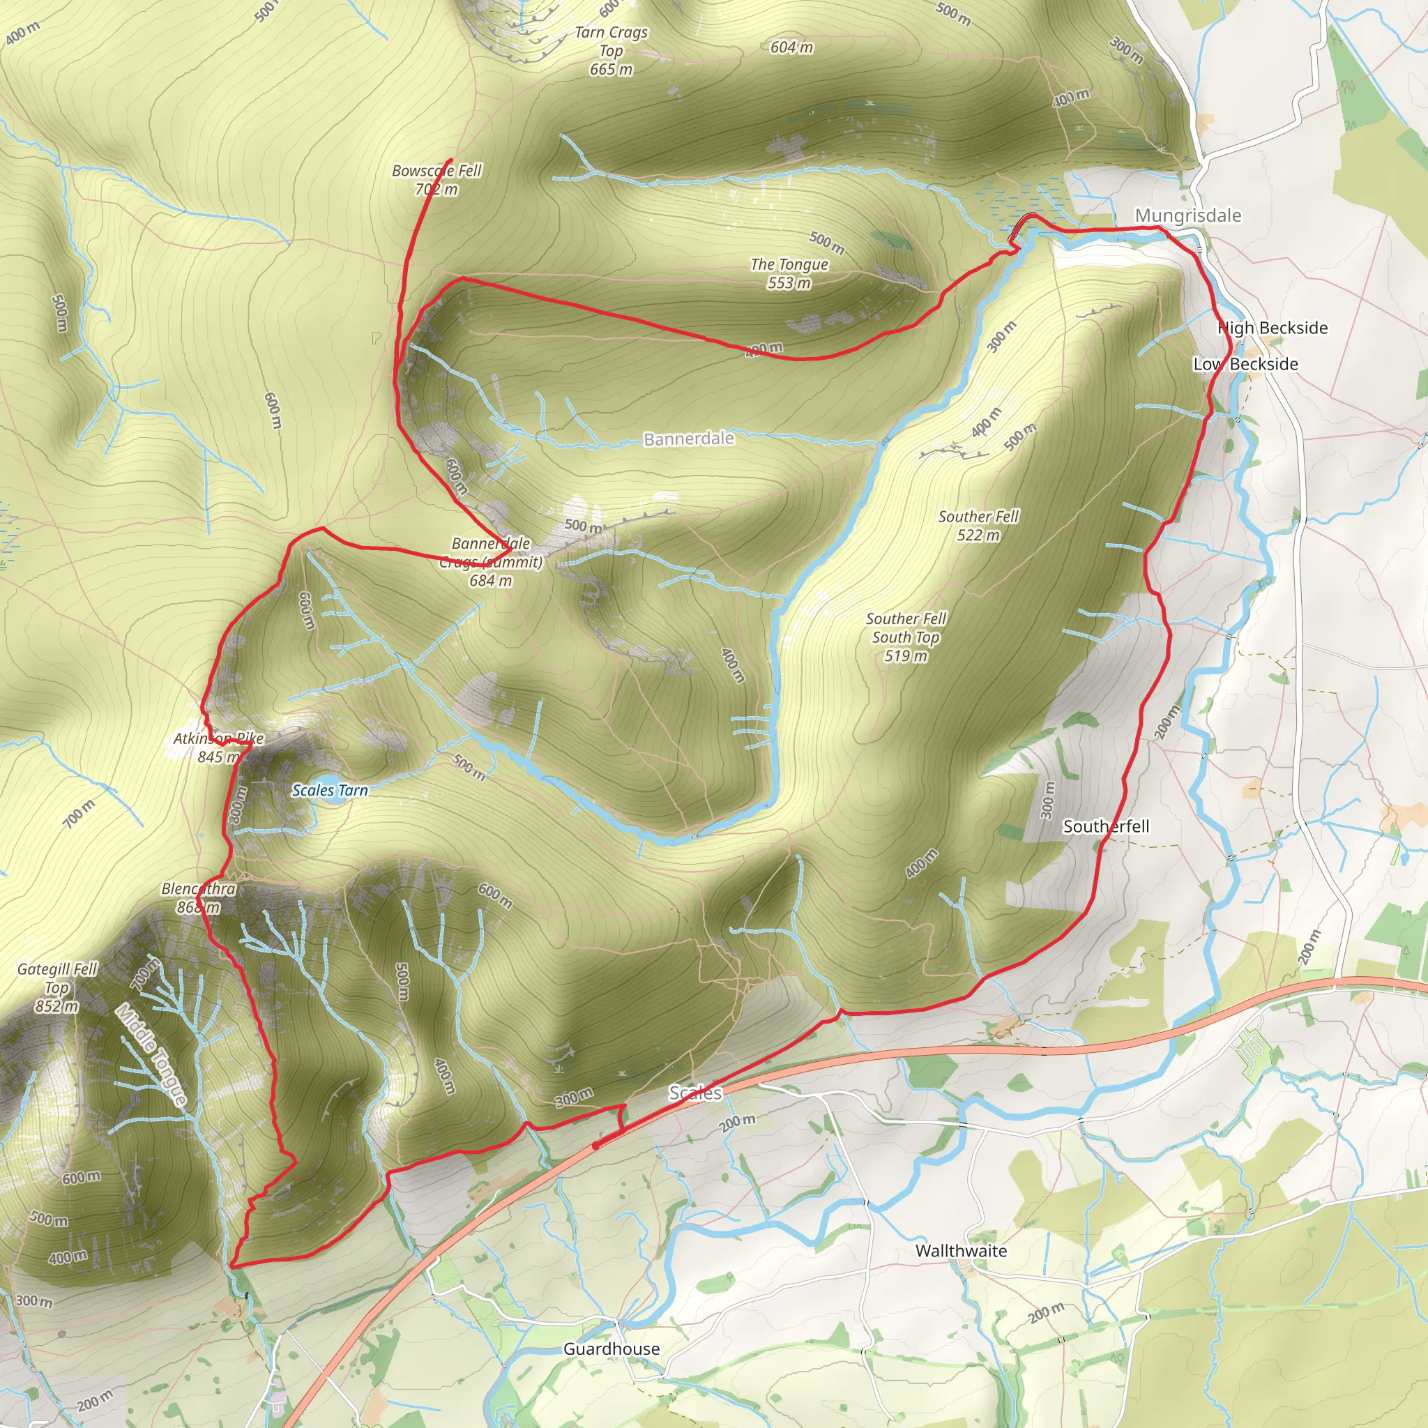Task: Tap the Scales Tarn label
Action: pyautogui.click(x=330, y=790)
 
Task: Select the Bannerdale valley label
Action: pyautogui.click(x=689, y=439)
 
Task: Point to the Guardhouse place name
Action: pyautogui.click(x=612, y=1349)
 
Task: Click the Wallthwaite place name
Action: pyautogui.click(x=961, y=1251)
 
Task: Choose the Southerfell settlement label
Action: pyautogui.click(x=1106, y=826)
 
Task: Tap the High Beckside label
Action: pyautogui.click(x=1272, y=328)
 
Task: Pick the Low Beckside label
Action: pyautogui.click(x=1245, y=364)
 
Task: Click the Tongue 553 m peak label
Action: pyautogui.click(x=789, y=273)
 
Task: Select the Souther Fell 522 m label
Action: pyautogui.click(x=978, y=526)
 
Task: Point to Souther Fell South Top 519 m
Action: pyautogui.click(x=906, y=637)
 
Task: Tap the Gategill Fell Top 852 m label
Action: pyautogui.click(x=57, y=987)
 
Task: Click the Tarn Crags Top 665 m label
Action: pyautogui.click(x=612, y=50)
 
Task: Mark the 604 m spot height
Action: pyautogui.click(x=791, y=47)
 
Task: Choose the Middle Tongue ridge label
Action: pyautogui.click(x=151, y=1054)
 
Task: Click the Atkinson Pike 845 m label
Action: pyautogui.click(x=218, y=747)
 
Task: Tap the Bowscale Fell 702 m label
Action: pyautogui.click(x=436, y=180)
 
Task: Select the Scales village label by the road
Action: pyautogui.click(x=694, y=1093)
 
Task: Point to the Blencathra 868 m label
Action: pyautogui.click(x=198, y=897)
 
